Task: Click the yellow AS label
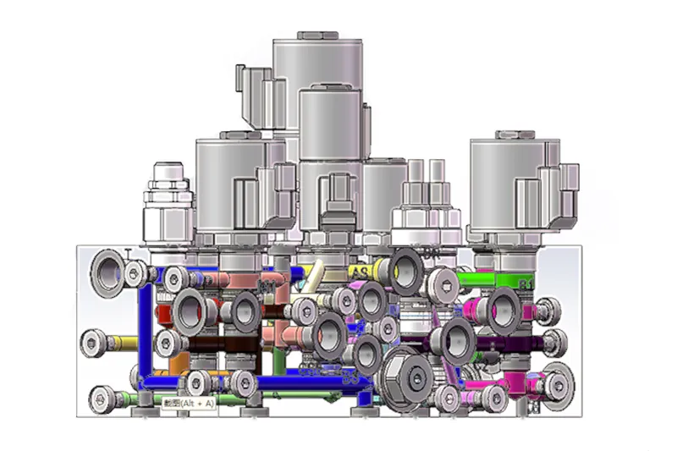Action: click(x=360, y=271)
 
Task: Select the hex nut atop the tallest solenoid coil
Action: click(x=315, y=35)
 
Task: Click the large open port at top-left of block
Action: click(x=108, y=272)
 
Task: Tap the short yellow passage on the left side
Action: click(x=124, y=343)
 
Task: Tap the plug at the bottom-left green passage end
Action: click(x=104, y=395)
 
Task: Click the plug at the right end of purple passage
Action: click(x=556, y=343)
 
